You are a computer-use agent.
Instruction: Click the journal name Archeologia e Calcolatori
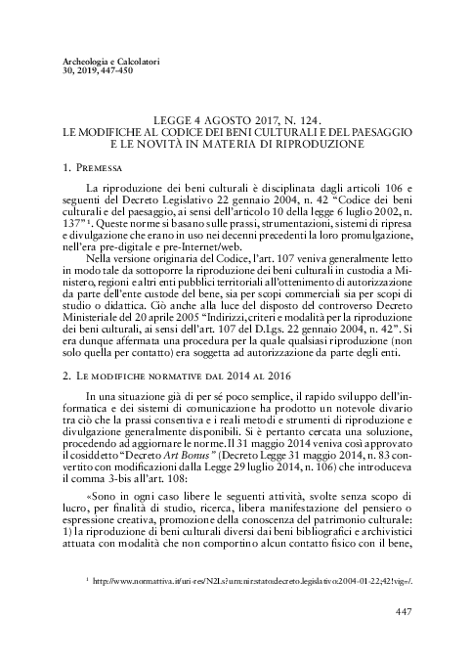[105, 61]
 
